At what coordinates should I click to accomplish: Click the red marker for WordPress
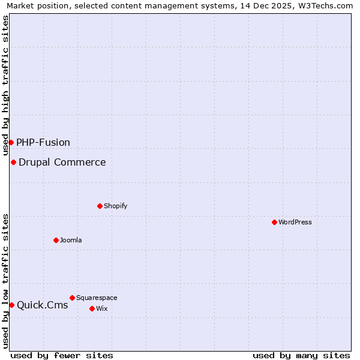coord(274,222)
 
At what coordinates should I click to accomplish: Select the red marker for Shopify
coord(100,206)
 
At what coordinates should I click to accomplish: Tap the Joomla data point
coord(56,240)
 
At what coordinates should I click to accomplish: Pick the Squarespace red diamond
coord(72,298)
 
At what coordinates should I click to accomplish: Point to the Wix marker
coord(92,308)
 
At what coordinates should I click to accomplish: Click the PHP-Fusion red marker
coord(11,142)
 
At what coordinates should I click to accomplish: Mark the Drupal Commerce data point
coord(13,162)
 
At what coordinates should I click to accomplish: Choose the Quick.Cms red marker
coord(11,305)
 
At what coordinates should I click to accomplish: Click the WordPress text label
coord(295,222)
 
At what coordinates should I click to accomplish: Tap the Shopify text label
coord(116,206)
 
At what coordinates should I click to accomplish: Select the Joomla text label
coord(71,240)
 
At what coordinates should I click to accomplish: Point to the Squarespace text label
coord(97,298)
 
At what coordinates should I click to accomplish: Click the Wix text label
coord(102,308)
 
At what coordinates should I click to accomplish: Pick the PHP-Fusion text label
coord(43,142)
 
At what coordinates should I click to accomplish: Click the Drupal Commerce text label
coord(62,162)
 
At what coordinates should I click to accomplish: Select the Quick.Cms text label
coord(43,305)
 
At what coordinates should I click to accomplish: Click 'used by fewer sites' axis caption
coord(62,355)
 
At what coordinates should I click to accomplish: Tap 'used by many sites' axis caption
coord(301,355)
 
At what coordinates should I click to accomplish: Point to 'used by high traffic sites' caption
coord(6,85)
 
